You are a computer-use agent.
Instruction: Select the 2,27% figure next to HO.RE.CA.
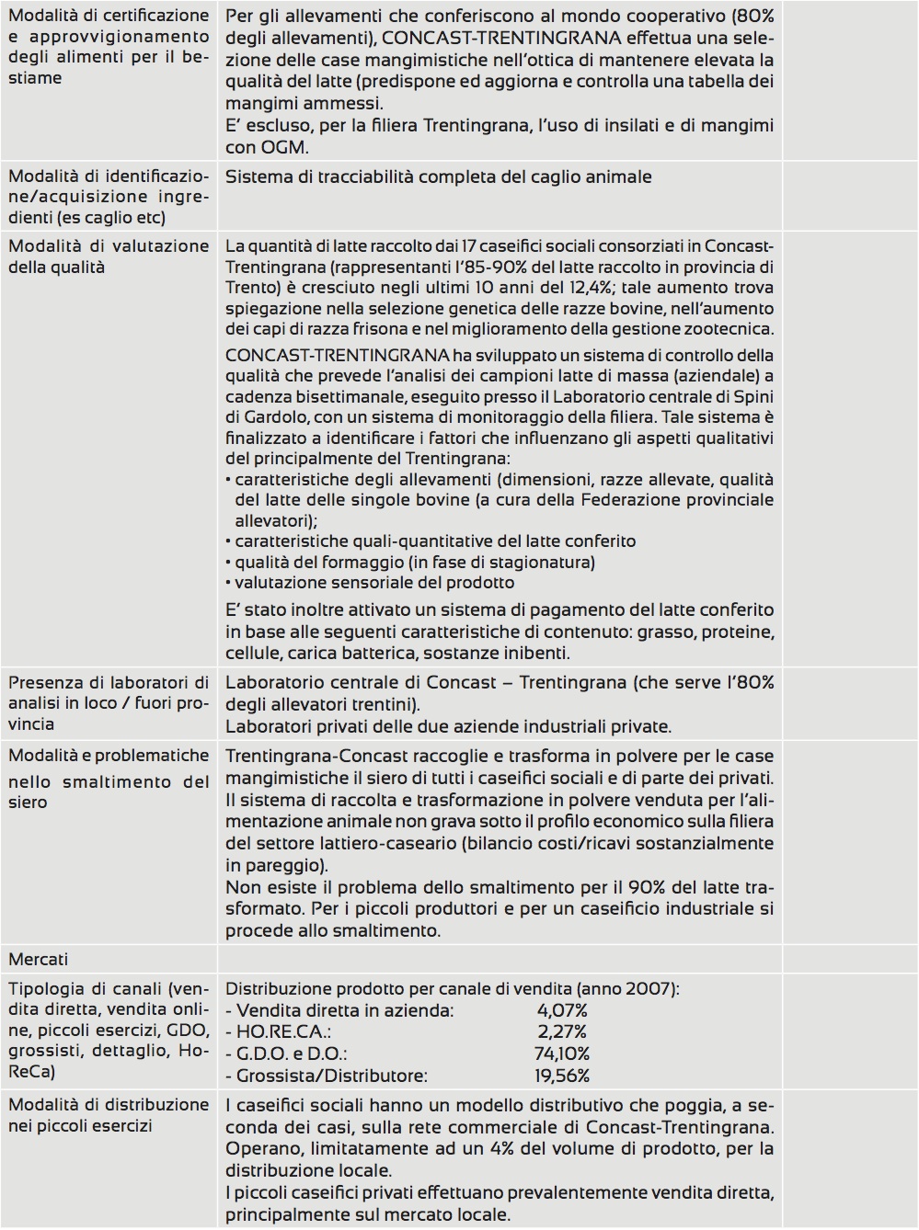[561, 1032]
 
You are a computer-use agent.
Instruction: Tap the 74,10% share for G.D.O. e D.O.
[561, 1054]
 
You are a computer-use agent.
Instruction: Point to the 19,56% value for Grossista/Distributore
[561, 1076]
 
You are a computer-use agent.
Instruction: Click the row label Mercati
[38, 960]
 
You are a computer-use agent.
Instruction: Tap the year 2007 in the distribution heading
[648, 989]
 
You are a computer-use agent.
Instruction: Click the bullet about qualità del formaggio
[414, 562]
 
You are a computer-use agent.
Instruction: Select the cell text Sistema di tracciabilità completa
[438, 177]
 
